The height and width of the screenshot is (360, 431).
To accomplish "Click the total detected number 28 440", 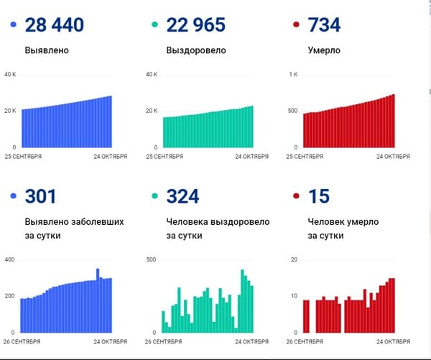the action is [x=55, y=24].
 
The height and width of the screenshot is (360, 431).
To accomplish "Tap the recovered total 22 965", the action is [x=195, y=24].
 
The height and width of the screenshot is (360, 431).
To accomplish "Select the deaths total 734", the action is [x=324, y=24].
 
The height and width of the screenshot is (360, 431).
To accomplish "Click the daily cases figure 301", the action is [x=40, y=196].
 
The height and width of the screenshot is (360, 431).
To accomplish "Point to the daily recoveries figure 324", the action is [x=182, y=196].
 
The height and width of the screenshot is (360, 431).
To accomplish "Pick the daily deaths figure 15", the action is [x=319, y=196].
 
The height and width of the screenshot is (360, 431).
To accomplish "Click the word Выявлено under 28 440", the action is [x=47, y=50].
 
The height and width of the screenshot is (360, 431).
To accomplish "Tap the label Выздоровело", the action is [x=196, y=50].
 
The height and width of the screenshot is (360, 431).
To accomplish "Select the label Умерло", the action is [x=324, y=50].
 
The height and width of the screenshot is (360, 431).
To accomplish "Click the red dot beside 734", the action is [x=296, y=24].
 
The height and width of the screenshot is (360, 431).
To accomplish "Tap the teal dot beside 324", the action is [x=154, y=196].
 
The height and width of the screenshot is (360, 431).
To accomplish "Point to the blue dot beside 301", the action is [x=13, y=196].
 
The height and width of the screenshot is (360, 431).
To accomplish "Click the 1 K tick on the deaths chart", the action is [x=293, y=74].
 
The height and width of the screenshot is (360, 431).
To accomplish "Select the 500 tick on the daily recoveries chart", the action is [x=151, y=259].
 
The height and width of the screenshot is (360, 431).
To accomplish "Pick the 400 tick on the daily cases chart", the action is [x=9, y=259].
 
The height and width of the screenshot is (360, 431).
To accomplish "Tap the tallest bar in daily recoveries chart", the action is [x=243, y=301].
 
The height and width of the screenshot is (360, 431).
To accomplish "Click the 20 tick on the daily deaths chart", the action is [x=294, y=259].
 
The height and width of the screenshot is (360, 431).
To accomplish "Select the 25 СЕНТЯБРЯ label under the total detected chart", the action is [x=23, y=157].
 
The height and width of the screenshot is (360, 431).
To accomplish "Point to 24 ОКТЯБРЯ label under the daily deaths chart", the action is [x=393, y=341].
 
